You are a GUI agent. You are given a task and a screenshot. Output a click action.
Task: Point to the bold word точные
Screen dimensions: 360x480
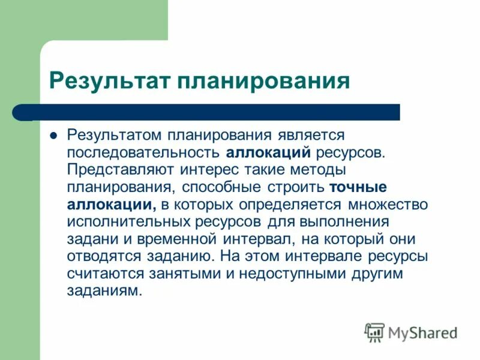358,187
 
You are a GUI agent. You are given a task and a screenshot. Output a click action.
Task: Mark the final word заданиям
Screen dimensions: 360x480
106,291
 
